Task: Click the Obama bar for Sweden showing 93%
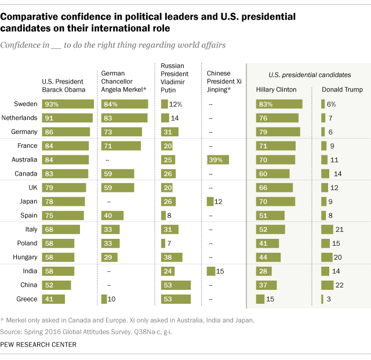pyautogui.click(x=68, y=104)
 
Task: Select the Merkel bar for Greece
pyautogui.click(x=104, y=299)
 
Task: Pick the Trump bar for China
pyautogui.click(x=327, y=285)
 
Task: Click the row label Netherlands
pyautogui.click(x=20, y=118)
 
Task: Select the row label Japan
pyautogui.click(x=28, y=201)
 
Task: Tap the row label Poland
pyautogui.click(x=27, y=243)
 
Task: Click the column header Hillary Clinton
pyautogui.click(x=276, y=90)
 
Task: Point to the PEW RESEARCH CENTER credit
pyautogui.click(x=39, y=344)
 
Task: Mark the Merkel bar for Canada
pyautogui.click(x=118, y=173)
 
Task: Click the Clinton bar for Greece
pyautogui.click(x=260, y=299)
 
